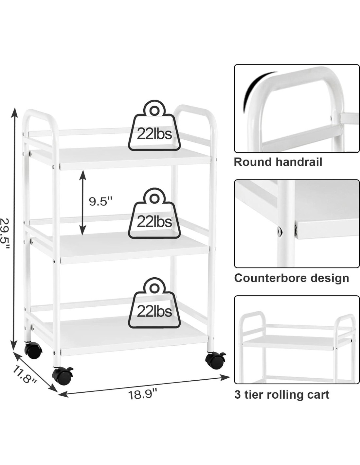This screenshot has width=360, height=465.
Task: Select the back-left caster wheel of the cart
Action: point(33,350)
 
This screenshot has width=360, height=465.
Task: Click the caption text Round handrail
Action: point(278,162)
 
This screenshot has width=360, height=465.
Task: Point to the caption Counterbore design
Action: point(291,278)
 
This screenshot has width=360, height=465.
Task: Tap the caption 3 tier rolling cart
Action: point(281,394)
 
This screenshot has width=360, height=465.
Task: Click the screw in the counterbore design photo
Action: point(279,231)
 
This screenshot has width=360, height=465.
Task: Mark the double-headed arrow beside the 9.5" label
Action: point(83,203)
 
